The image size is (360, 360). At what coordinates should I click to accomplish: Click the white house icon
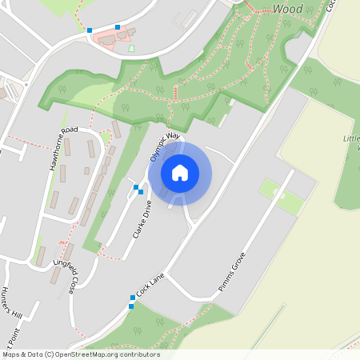(x=180, y=173)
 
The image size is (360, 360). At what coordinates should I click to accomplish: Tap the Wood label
(x=288, y=8)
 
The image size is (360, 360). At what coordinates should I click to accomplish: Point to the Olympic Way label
(x=163, y=146)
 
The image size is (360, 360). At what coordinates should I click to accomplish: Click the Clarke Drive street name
(x=142, y=220)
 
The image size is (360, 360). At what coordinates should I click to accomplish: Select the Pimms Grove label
(x=232, y=274)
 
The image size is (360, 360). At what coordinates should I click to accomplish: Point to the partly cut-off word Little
(x=352, y=138)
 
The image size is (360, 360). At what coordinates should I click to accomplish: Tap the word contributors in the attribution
(x=140, y=354)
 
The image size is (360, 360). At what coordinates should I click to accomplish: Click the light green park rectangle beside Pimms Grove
(x=279, y=195)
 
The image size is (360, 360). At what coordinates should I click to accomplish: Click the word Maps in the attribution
(x=11, y=354)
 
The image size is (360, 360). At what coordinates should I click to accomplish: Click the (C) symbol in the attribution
(x=53, y=354)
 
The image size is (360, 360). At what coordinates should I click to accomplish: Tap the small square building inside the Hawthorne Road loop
(x=86, y=170)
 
